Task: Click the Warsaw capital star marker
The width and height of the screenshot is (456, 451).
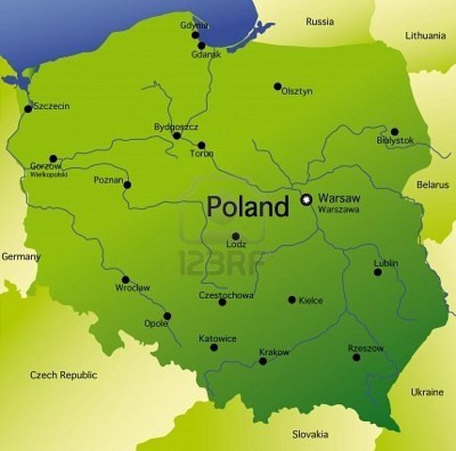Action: pyautogui.click(x=305, y=199)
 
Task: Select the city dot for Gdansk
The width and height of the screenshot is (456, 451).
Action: pyautogui.click(x=201, y=45)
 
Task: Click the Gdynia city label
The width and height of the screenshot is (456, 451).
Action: pyautogui.click(x=195, y=24)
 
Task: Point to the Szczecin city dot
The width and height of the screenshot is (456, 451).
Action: pyautogui.click(x=27, y=108)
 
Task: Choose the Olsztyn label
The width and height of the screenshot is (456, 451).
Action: pyautogui.click(x=296, y=91)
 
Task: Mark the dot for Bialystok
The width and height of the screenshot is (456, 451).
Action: pyautogui.click(x=395, y=132)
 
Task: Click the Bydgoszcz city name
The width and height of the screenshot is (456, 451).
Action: pyautogui.click(x=176, y=126)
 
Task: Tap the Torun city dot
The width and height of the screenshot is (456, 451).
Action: pyautogui.click(x=201, y=146)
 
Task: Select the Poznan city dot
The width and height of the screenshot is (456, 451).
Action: pyautogui.click(x=127, y=184)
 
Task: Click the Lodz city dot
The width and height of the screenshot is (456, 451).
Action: pyautogui.click(x=235, y=237)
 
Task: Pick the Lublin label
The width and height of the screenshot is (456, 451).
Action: pyautogui.click(x=385, y=262)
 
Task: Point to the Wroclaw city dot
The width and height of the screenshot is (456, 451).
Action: pyautogui.click(x=125, y=279)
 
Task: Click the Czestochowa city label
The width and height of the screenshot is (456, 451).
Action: pyautogui.click(x=226, y=295)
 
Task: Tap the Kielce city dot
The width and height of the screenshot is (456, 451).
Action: pyautogui.click(x=291, y=300)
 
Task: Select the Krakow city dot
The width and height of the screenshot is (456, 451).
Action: pyautogui.click(x=262, y=361)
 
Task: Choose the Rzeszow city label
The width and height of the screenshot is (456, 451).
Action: pyautogui.click(x=366, y=348)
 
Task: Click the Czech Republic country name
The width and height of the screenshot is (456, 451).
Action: pyautogui.click(x=63, y=374)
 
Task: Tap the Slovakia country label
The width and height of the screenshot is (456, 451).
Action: pyautogui.click(x=309, y=434)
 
